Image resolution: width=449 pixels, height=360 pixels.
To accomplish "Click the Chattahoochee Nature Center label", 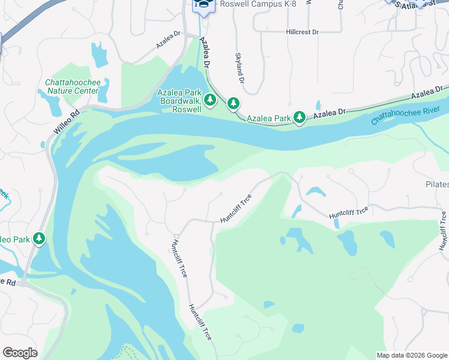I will coord(71,86).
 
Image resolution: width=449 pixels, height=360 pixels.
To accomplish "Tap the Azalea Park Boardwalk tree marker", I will coord(210,100).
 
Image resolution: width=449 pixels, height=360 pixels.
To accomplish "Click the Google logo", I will coord(20,353).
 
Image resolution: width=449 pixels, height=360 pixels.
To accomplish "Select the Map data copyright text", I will coord(412,355).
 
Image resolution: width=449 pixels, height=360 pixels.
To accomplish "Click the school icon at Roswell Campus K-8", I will coord(203,4).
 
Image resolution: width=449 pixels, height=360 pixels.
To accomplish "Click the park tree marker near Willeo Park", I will coord(40,239).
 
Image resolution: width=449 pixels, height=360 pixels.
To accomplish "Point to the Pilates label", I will coord(437,184).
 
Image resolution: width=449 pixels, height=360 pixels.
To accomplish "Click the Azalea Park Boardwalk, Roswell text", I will coord(179,101).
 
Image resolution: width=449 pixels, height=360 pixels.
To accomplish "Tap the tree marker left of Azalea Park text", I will coord(233,104).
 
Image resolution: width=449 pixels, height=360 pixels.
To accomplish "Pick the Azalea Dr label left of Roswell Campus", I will coord(168,41).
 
